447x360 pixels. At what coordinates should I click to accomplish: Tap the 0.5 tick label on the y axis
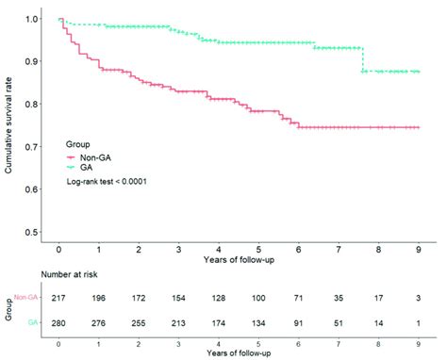[x=33, y=232]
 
